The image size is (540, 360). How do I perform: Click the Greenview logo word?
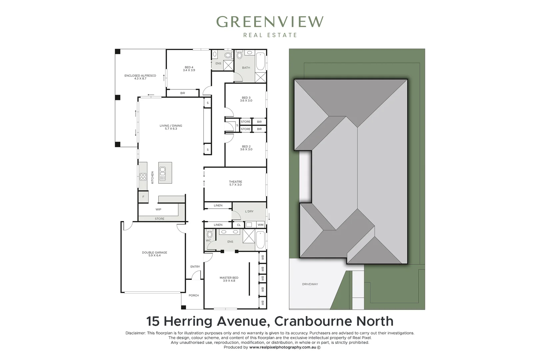tap(270, 22)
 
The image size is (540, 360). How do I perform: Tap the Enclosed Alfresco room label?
tap(140, 76)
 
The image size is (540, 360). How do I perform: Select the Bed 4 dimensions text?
tap(189, 70)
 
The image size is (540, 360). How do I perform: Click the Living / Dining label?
tap(171, 126)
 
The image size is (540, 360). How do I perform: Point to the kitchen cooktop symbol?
tap(143, 177)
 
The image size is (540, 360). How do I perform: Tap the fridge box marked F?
tap(143, 197)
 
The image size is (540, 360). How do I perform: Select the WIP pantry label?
tap(158, 209)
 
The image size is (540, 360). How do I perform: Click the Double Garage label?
tap(154, 252)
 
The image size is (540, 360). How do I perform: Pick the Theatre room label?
tap(235, 182)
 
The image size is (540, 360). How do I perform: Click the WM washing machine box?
tap(260, 225)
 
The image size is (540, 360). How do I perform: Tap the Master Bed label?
tap(229, 278)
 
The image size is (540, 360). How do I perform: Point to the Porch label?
tap(194, 295)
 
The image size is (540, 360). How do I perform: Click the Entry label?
tap(195, 267)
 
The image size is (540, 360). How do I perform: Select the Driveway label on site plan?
tap(310, 284)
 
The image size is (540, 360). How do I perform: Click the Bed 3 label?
tap(246, 98)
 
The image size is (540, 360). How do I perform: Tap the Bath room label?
tap(246, 68)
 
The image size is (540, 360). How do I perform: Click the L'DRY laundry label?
tap(249, 211)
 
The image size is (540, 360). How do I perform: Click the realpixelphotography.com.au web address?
tap(283, 347)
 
